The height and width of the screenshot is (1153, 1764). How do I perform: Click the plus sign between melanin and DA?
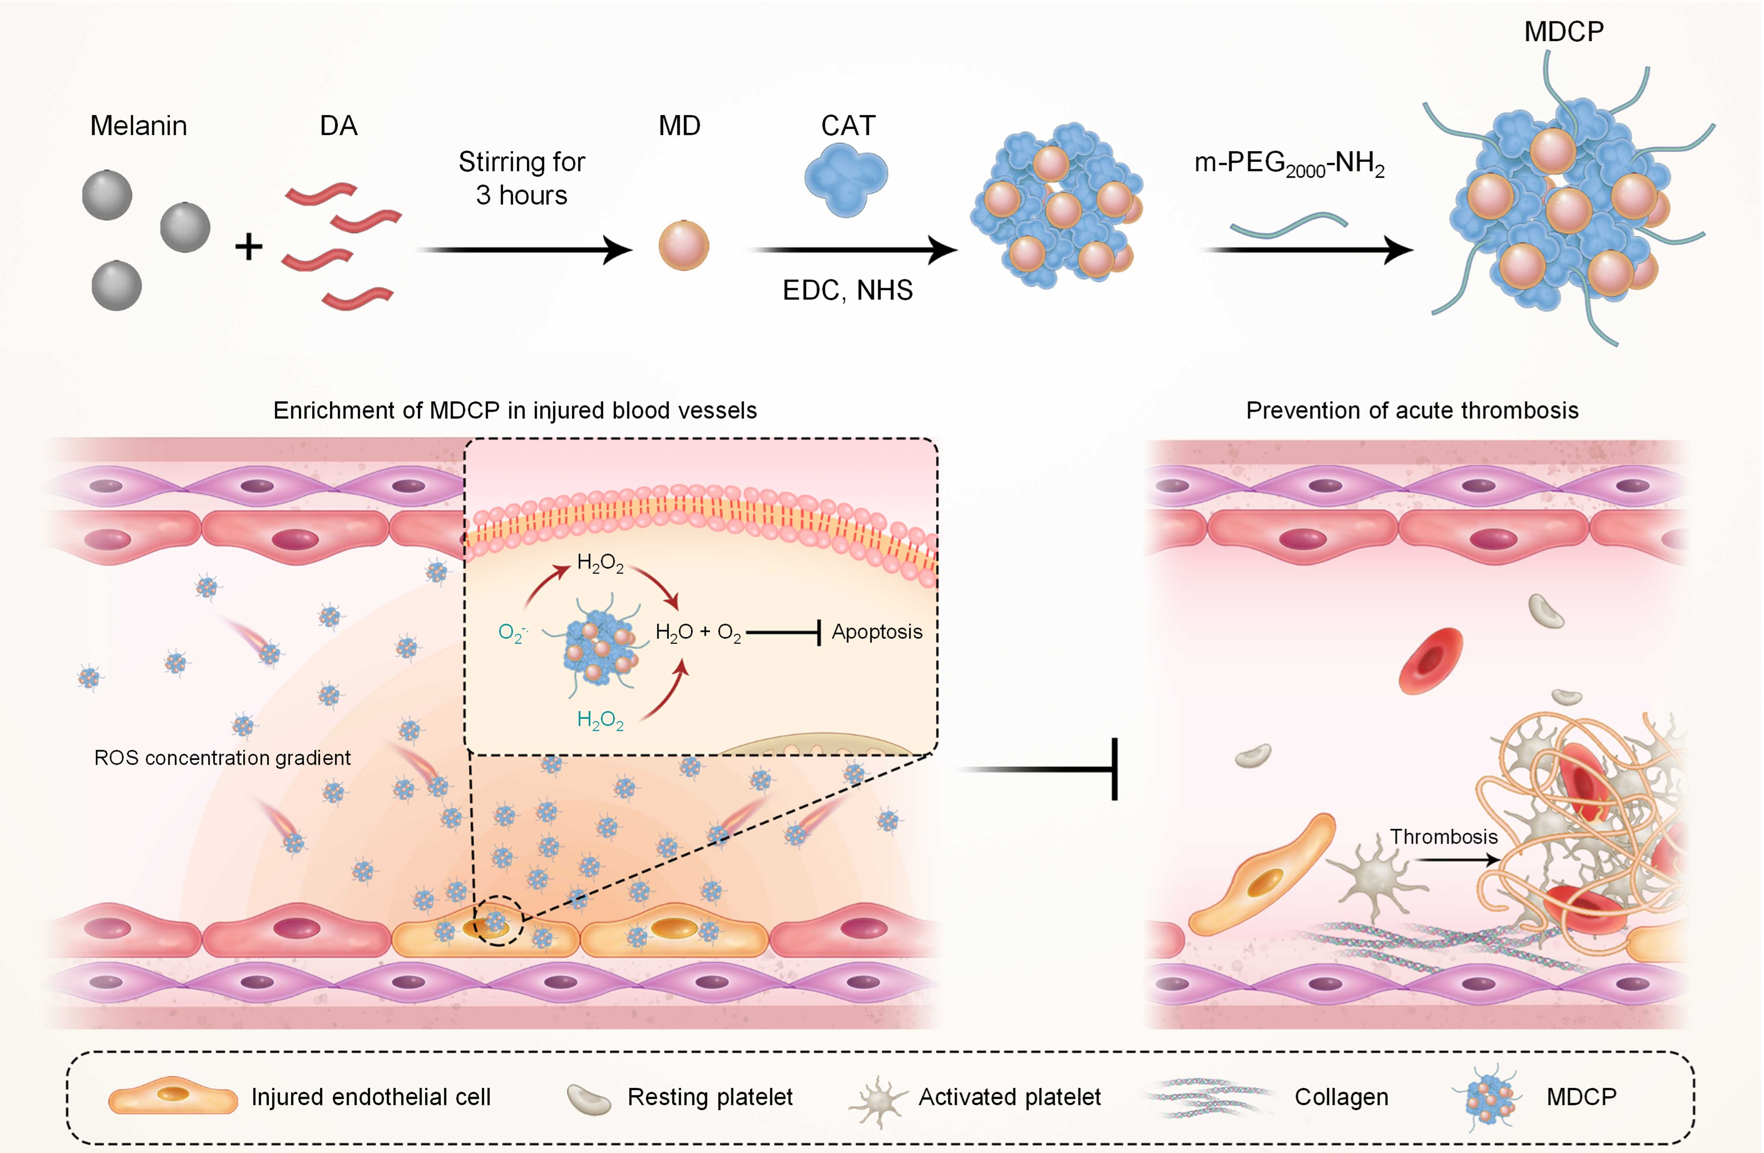pyautogui.click(x=249, y=247)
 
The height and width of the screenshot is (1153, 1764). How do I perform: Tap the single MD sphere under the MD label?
pyautogui.click(x=683, y=245)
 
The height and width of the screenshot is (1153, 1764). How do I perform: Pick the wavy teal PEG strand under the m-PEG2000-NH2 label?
pyautogui.click(x=1288, y=224)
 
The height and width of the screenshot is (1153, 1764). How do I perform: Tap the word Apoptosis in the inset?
pyautogui.click(x=877, y=632)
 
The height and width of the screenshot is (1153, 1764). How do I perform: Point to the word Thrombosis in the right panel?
pyautogui.click(x=1443, y=837)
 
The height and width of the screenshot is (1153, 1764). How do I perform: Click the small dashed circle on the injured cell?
pyautogui.click(x=498, y=920)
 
